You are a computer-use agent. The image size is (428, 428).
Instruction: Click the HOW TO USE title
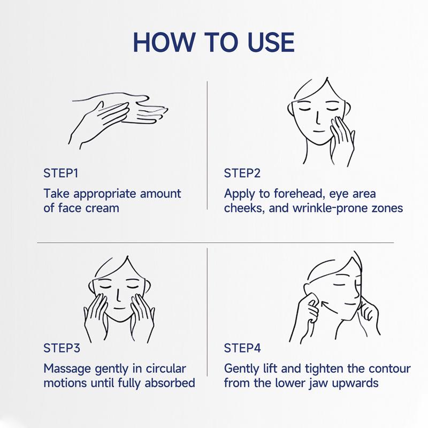[x=213, y=42]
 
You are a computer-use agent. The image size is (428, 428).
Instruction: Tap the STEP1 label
[x=61, y=173]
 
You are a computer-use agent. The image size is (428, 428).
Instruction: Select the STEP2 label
[x=242, y=173]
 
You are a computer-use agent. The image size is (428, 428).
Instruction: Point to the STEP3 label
[x=62, y=348]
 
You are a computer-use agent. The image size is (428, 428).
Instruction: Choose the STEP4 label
[x=242, y=348]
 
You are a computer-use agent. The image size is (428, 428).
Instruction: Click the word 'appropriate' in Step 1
[x=105, y=195]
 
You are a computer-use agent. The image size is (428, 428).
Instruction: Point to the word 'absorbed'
[x=170, y=383]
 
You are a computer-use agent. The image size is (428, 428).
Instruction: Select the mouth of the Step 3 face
[x=119, y=309]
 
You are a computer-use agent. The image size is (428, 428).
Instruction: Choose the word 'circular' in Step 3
[x=166, y=369]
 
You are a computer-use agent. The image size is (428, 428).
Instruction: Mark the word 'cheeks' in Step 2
[x=244, y=209]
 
